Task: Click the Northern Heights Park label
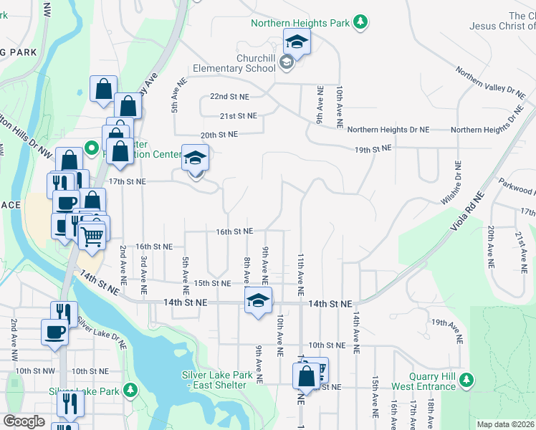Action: point(300,23)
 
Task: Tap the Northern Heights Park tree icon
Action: point(362,23)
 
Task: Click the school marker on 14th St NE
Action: point(259,300)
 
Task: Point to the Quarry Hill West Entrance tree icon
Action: point(467,378)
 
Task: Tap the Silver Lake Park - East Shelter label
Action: point(217,380)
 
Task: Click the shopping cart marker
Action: point(92,234)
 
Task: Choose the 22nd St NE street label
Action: point(229,96)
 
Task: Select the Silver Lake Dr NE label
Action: point(101,333)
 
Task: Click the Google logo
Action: point(24,421)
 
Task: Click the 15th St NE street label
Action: point(212,284)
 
